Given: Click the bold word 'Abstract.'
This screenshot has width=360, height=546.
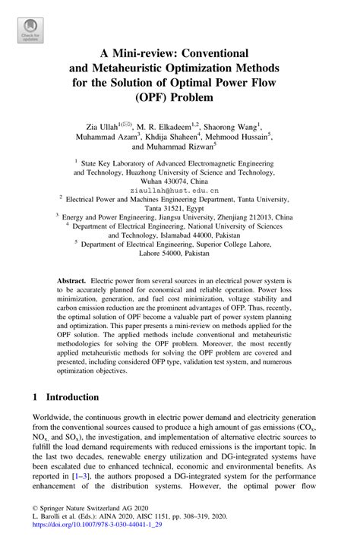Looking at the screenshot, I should tap(74, 281).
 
